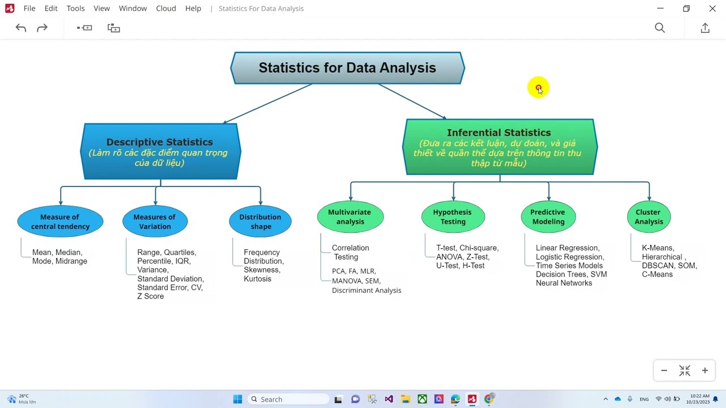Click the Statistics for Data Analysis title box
pyautogui.click(x=347, y=68)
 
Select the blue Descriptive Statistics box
pyautogui.click(x=160, y=151)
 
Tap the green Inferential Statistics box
pyautogui.click(x=499, y=147)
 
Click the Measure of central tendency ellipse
pyautogui.click(x=60, y=222)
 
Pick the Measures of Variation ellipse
pyautogui.click(x=155, y=222)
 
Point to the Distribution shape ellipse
pyautogui.click(x=260, y=222)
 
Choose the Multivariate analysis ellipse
pyautogui.click(x=350, y=216)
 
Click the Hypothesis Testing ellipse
pyautogui.click(x=453, y=216)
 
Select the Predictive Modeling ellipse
pyautogui.click(x=548, y=216)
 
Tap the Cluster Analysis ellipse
pyautogui.click(x=649, y=216)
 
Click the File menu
pyautogui.click(x=29, y=8)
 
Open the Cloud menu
pyautogui.click(x=166, y=8)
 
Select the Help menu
pyautogui.click(x=193, y=8)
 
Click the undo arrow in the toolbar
pyautogui.click(x=21, y=28)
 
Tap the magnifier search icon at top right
pyautogui.click(x=660, y=28)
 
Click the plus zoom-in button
pyautogui.click(x=705, y=371)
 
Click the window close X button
pyautogui.click(x=712, y=8)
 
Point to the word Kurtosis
pyautogui.click(x=258, y=279)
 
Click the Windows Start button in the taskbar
pyautogui.click(x=238, y=399)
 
